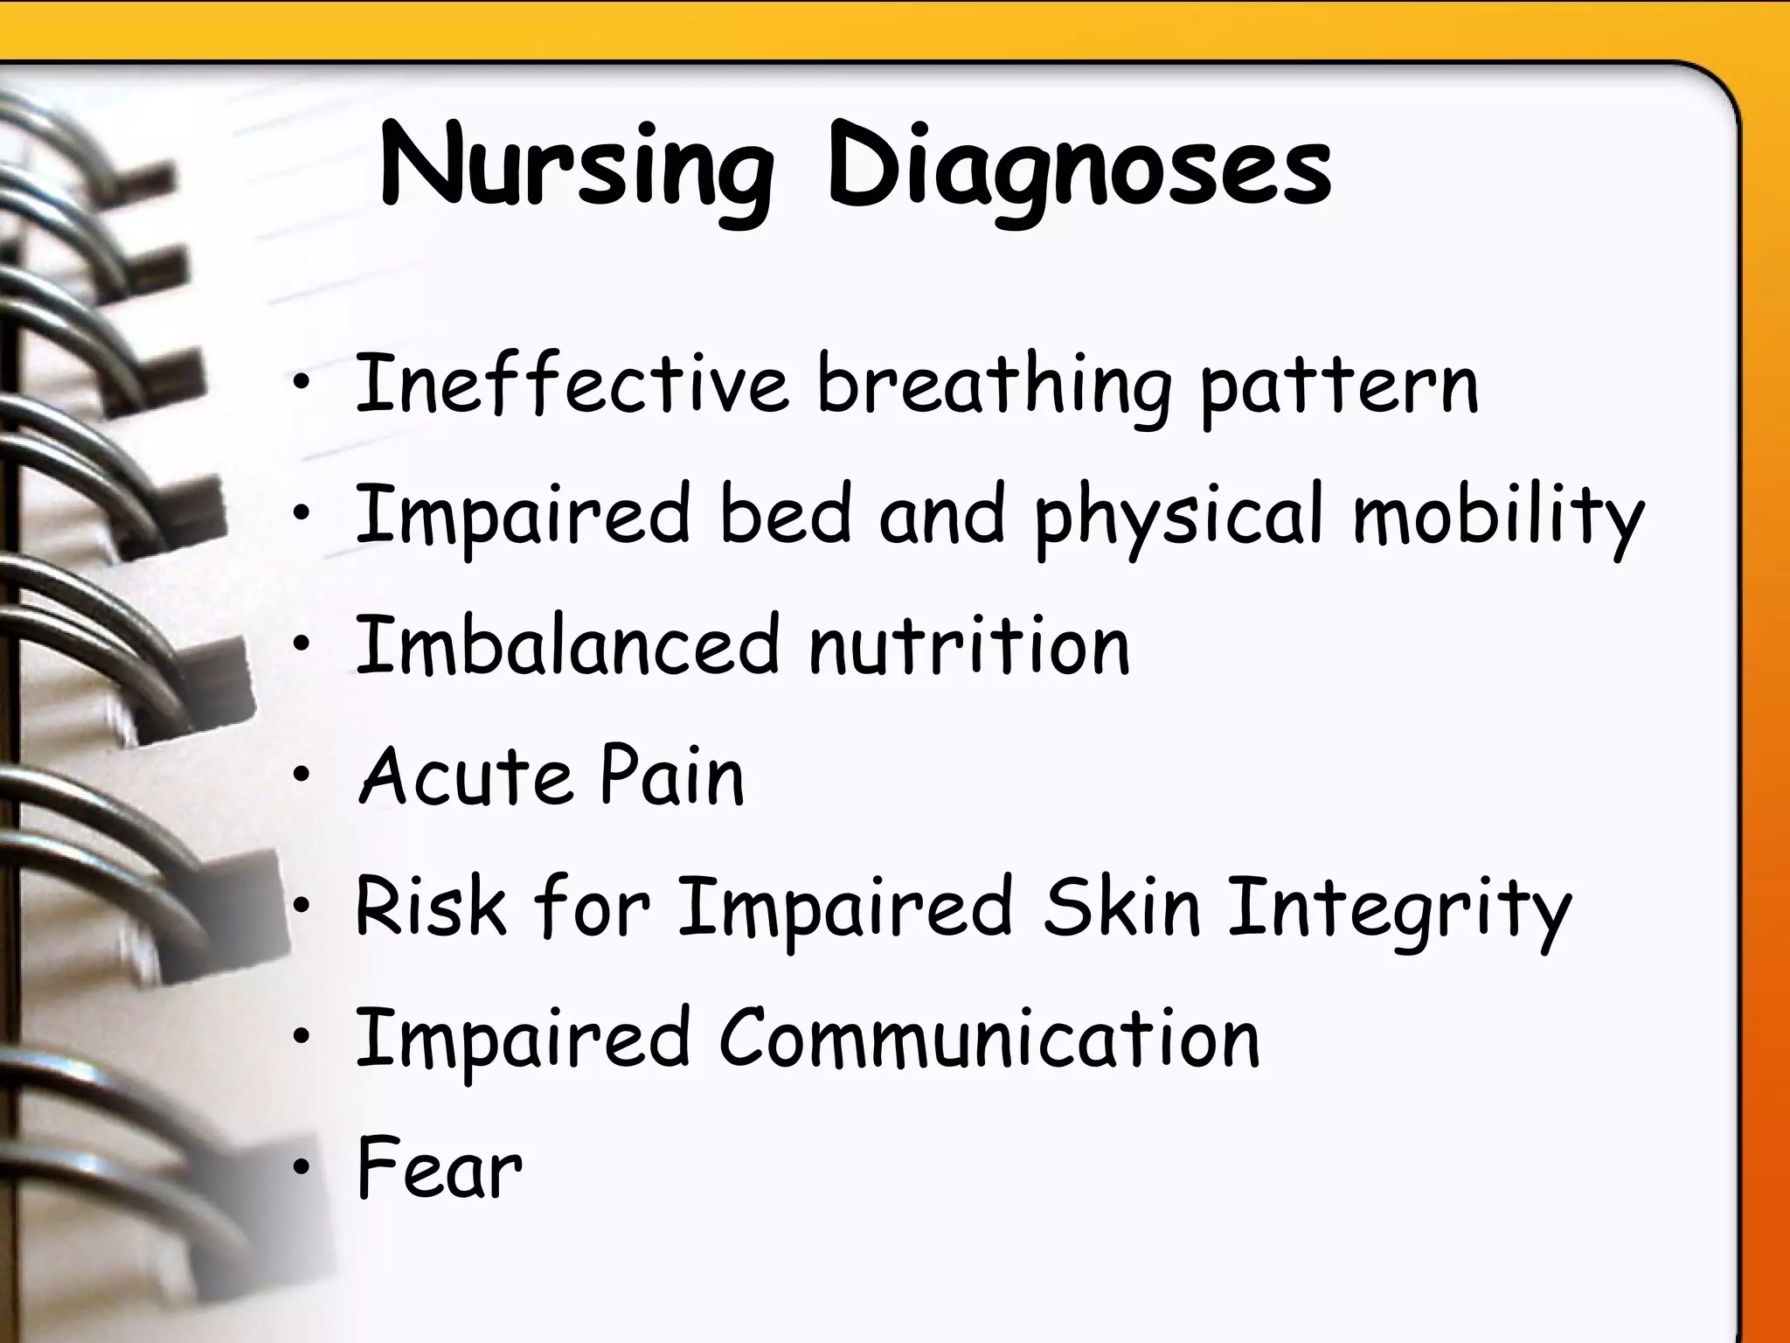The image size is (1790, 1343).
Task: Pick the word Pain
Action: (x=671, y=776)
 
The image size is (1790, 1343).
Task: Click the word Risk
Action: (x=430, y=907)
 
